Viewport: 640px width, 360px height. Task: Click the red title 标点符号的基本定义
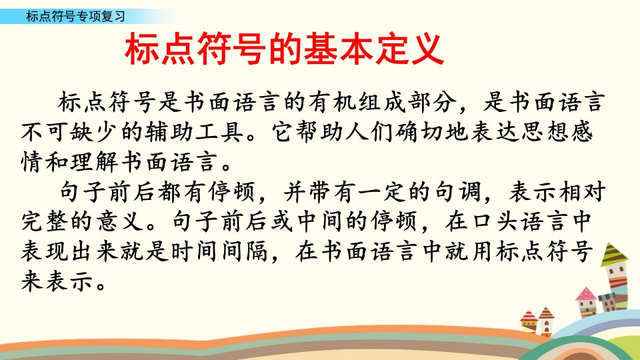point(284,50)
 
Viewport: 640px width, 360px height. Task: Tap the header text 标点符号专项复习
point(75,16)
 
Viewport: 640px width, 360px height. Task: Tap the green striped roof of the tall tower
point(614,255)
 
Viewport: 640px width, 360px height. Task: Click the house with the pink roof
point(587,303)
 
